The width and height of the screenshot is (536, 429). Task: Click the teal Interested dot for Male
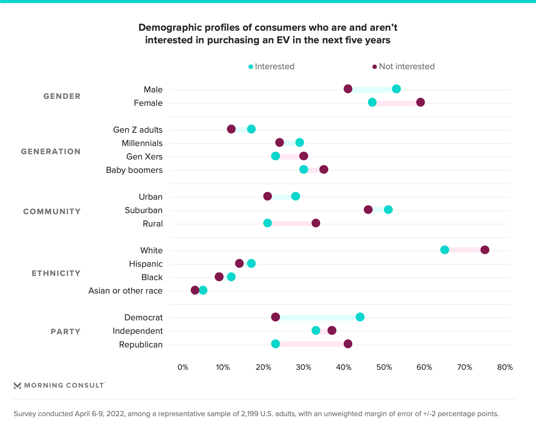coord(396,89)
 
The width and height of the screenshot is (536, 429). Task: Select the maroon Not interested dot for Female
coord(420,103)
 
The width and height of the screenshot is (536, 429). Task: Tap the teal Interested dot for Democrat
coord(360,317)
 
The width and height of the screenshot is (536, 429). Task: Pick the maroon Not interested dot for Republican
coord(348,344)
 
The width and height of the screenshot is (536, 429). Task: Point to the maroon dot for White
coord(485,250)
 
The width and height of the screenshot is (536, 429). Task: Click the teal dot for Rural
coord(267,223)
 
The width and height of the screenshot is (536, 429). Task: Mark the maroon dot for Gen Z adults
coord(231,129)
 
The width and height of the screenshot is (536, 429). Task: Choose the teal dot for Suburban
coord(388,210)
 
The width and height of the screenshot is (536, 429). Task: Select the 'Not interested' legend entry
coord(404,66)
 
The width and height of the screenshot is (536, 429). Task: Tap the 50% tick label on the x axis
coord(384,367)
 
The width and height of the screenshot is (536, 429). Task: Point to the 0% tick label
coord(183,367)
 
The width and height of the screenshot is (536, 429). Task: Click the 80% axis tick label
coord(505,367)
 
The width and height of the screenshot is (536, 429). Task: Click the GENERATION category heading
coord(51,152)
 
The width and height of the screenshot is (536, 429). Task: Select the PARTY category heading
coord(66,332)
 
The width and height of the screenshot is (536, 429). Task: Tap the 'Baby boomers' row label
coord(134,170)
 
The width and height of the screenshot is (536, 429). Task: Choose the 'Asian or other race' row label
coord(125,291)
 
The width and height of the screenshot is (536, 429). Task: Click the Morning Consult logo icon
coord(17,385)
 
